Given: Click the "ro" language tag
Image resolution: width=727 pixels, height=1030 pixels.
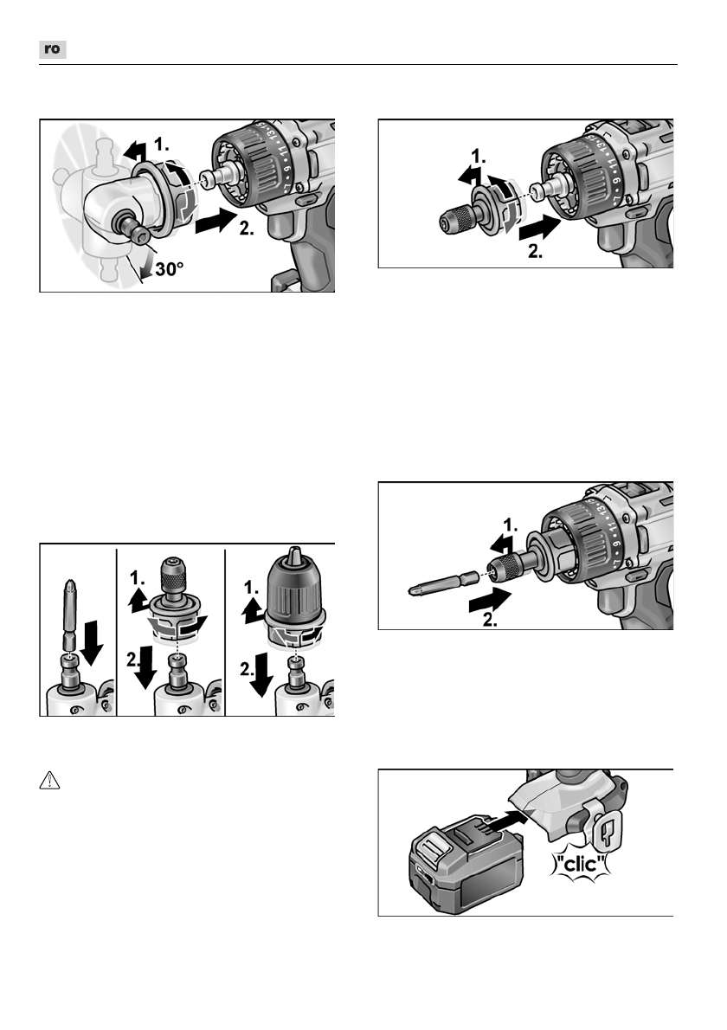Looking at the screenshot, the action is click(53, 50).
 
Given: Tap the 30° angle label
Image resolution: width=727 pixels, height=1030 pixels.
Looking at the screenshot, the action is click(164, 271).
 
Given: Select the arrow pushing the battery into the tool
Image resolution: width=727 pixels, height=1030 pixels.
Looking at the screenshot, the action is click(511, 815).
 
